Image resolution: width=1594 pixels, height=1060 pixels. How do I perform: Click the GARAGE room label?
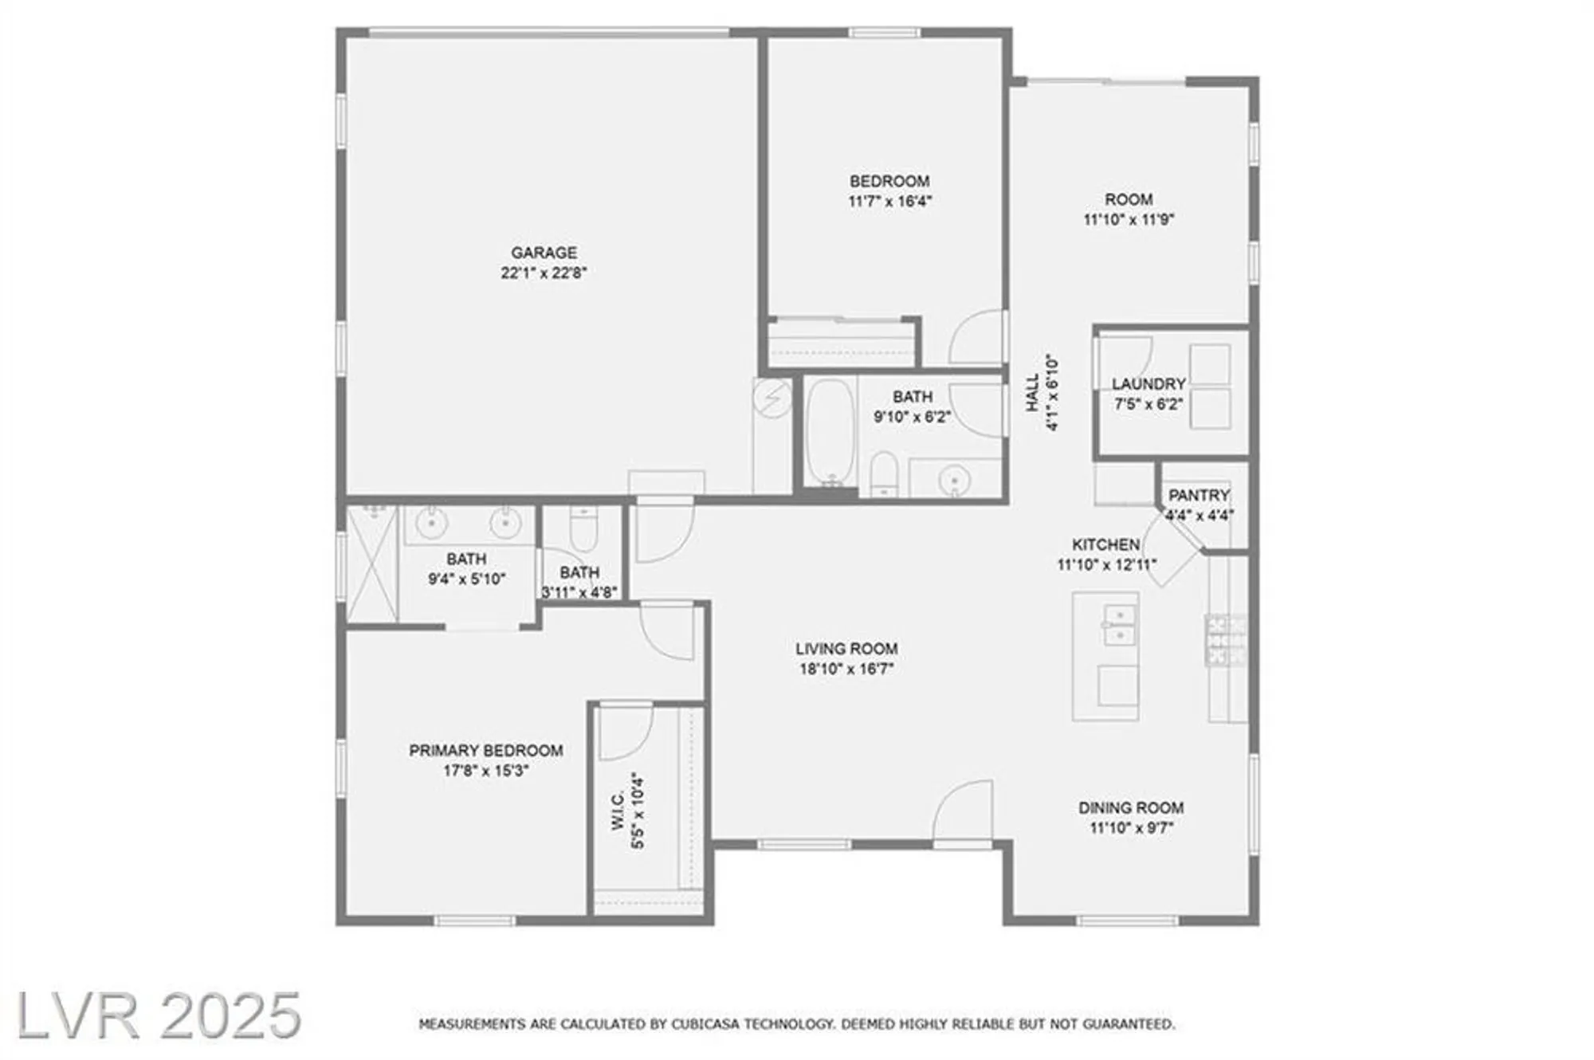coord(544,253)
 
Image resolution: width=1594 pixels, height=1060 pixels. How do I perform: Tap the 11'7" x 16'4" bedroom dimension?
coord(889,202)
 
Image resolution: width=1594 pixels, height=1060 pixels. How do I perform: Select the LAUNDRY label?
coord(1148,384)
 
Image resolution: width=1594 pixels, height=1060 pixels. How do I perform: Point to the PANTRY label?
coord(1199,496)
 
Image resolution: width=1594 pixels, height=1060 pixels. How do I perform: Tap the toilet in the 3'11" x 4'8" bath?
coord(583,528)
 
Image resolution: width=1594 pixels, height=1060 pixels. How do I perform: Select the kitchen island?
coord(1105,656)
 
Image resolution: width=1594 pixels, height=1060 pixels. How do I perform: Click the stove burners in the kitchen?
coord(1227,640)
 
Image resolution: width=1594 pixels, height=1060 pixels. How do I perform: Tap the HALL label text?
coord(1033,392)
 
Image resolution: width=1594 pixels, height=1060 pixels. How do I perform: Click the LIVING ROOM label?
coord(846,649)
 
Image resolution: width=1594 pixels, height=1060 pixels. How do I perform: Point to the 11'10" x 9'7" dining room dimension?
coord(1131,828)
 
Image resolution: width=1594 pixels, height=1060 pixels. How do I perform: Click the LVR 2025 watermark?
coord(159,1015)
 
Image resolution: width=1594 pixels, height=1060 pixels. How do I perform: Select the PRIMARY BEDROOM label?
coord(485,751)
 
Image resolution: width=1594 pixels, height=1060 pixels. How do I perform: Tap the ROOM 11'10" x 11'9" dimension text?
coord(1129,220)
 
